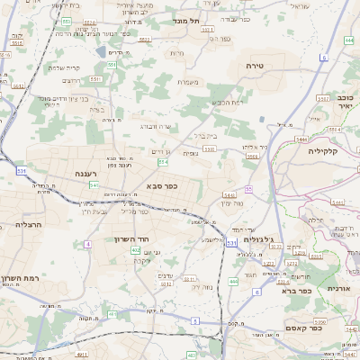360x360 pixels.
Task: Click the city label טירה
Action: coord(254,67)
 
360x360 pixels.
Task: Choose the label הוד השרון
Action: coord(130,238)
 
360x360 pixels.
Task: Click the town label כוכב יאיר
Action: coord(345,102)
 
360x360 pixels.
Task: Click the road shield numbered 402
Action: coord(135,250)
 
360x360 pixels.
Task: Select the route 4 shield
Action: coord(88,244)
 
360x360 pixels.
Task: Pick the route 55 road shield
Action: coord(247,189)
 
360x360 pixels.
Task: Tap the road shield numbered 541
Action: coord(94,184)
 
